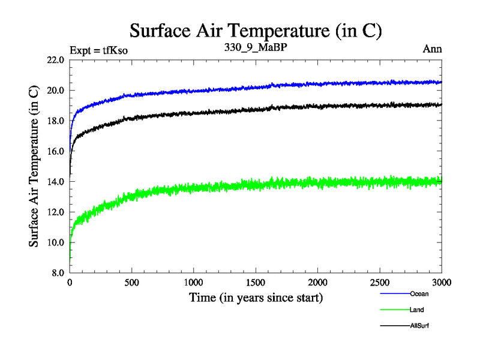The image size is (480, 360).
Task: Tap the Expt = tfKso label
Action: point(99,50)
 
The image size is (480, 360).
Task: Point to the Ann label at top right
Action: point(433,49)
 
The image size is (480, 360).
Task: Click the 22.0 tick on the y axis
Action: point(56,60)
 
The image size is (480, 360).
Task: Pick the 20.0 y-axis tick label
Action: point(56,91)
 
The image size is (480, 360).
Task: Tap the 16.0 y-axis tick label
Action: point(56,151)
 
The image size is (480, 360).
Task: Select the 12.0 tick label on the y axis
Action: point(56,212)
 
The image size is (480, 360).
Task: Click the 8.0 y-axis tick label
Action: point(58,273)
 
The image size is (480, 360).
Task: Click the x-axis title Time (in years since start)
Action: point(256,297)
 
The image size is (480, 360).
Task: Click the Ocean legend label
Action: point(419,294)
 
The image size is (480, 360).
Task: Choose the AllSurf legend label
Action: point(419,325)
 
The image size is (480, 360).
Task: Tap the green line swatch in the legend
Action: point(394,310)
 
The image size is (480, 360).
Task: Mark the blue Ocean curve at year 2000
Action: point(318,84)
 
